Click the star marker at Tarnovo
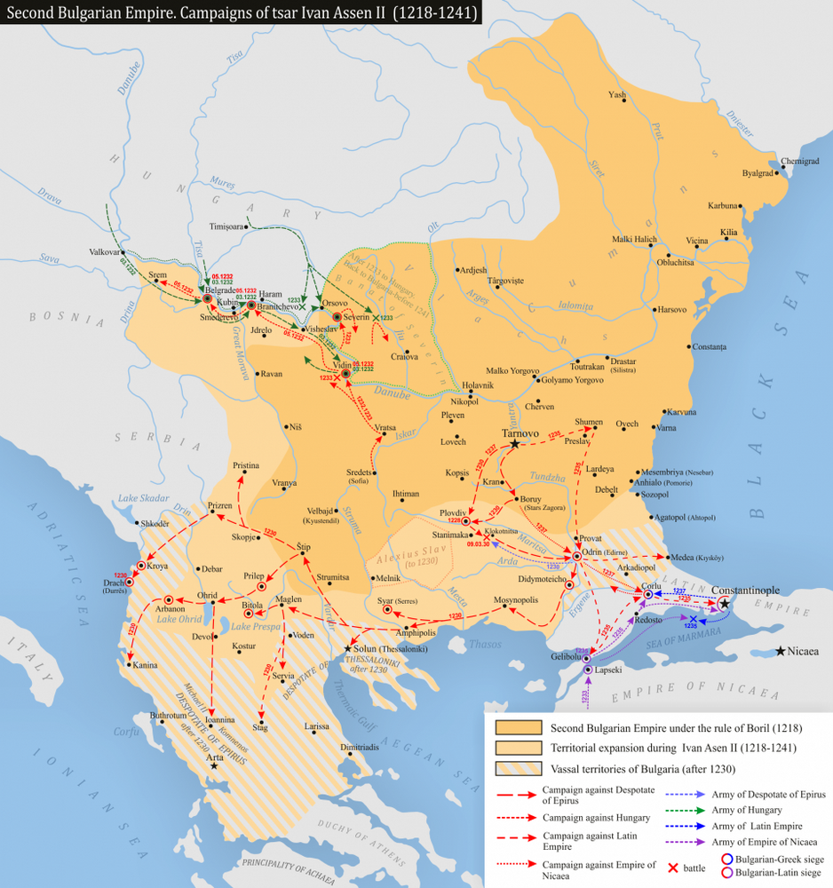pyautogui.click(x=514, y=442)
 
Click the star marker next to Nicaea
pyautogui.click(x=780, y=652)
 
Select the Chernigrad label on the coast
pyautogui.click(x=799, y=162)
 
